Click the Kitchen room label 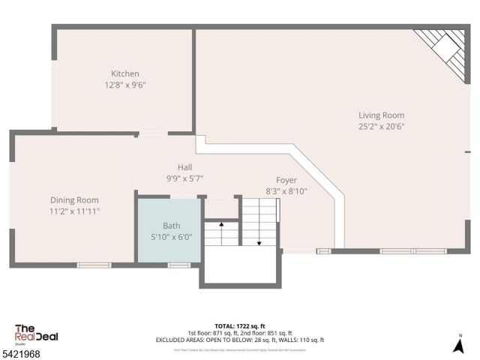coord(124,73)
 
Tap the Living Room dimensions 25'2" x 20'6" coord(381,127)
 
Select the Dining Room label coord(74,199)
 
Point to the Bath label coord(172,225)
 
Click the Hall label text coord(184,166)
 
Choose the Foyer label coord(286,180)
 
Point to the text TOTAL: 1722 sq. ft coord(239,326)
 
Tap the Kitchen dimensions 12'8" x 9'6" coord(124,85)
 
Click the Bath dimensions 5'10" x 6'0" coord(172,236)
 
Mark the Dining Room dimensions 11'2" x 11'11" coord(74,211)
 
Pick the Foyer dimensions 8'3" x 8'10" coord(286,191)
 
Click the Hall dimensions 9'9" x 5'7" coord(184,178)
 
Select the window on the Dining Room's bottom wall coord(94,265)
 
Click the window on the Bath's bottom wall coord(178,265)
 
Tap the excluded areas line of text coord(239,340)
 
